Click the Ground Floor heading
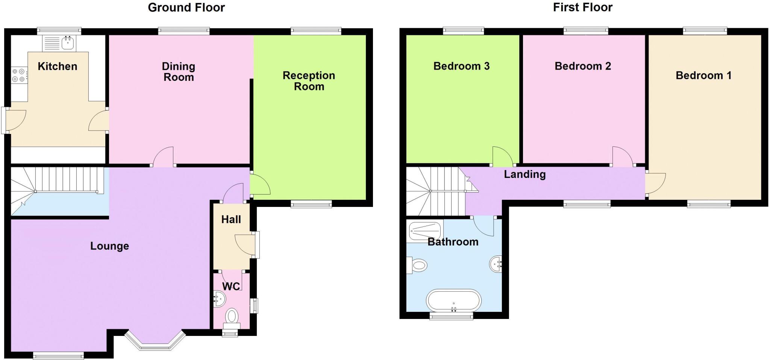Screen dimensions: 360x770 click(186, 8)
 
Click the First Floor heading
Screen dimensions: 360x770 click(582, 8)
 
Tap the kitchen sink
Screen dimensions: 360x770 click(59, 43)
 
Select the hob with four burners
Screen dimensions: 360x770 click(18, 75)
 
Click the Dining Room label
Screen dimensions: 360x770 click(178, 72)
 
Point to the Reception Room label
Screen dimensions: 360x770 click(309, 81)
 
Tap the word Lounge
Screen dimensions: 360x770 click(109, 246)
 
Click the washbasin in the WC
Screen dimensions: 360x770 click(219, 299)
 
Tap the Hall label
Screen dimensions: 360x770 click(231, 219)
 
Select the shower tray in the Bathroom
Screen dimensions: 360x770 click(425, 230)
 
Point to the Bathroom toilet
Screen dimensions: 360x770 click(418, 265)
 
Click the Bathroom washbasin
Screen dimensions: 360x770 click(496, 264)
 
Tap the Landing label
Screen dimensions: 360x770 click(524, 175)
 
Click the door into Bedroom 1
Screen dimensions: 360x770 click(655, 183)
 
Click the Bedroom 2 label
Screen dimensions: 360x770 click(582, 66)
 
